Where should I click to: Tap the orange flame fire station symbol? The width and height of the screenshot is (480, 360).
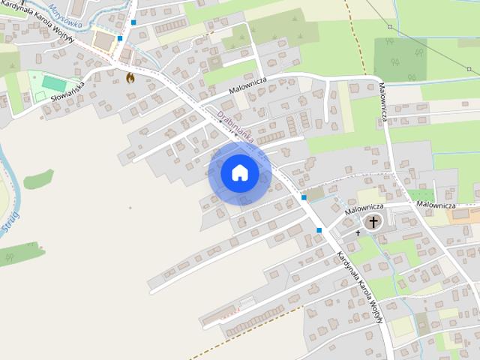point(130,77)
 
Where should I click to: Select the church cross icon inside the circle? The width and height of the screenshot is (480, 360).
point(373,221)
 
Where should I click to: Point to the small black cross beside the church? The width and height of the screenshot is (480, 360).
point(358,233)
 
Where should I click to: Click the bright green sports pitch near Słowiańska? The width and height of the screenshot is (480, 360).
point(52,83)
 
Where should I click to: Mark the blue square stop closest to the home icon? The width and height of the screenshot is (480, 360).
point(303,197)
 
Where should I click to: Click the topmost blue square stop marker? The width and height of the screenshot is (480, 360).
point(133,22)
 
